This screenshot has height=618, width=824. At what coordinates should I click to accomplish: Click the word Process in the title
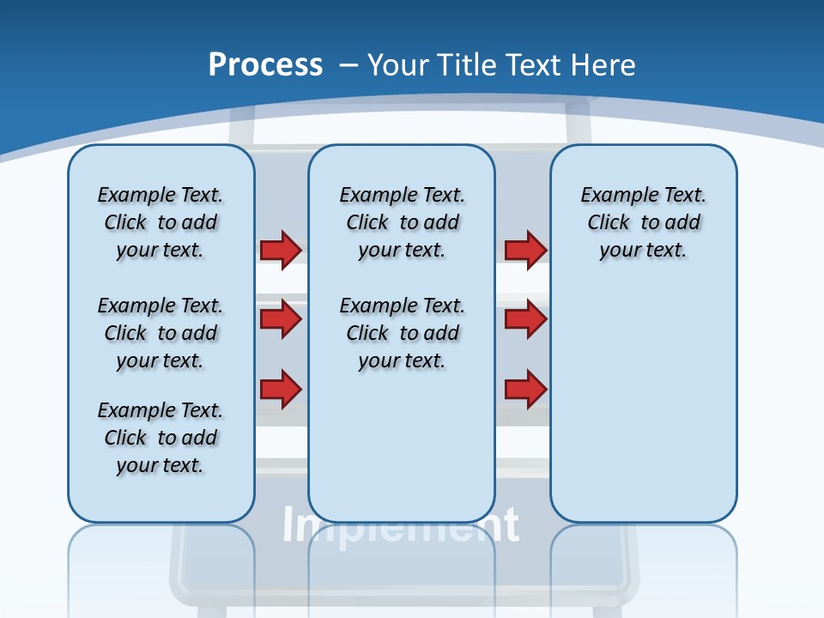coord(265,65)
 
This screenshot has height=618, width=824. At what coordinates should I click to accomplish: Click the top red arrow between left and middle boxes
coord(281,250)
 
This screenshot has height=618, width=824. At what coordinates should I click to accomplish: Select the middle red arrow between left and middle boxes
coord(281,319)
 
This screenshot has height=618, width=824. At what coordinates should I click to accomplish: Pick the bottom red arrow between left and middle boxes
coord(281,389)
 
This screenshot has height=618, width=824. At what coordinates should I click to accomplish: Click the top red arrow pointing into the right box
coord(525,250)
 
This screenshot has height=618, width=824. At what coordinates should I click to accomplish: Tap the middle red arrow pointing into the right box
coord(525,319)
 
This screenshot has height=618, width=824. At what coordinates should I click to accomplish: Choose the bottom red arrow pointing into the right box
coord(525,389)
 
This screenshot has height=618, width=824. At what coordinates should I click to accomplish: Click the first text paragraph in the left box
coord(161,222)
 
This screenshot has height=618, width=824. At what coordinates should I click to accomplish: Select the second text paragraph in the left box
coord(161,333)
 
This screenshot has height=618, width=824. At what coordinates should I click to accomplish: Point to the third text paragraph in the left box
coord(161,438)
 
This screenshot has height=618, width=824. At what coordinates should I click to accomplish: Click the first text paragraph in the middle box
coord(402,222)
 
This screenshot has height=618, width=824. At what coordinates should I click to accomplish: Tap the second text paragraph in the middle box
coord(402,333)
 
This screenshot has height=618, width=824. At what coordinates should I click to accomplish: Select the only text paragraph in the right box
coord(643,222)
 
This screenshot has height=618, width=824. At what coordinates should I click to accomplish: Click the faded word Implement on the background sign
coord(401,525)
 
